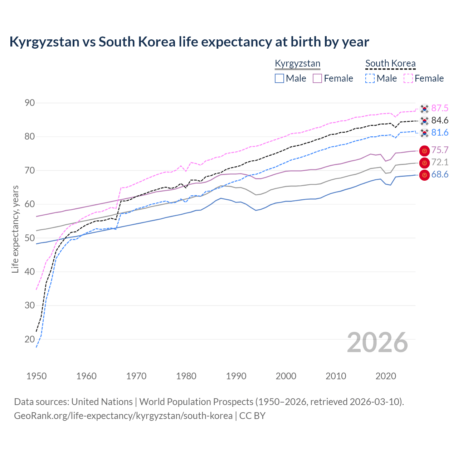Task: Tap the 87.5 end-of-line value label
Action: pos(440,108)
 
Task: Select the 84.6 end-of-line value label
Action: pos(440,121)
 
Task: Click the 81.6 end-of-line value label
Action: pos(440,133)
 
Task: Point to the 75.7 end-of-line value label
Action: pos(440,150)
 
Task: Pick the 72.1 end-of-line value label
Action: pos(440,162)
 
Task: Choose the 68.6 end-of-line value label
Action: pos(440,175)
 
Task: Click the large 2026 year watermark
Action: pos(377,342)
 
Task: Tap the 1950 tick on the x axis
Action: pos(36,376)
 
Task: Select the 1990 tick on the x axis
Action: pos(236,376)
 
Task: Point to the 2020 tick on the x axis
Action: pos(386,376)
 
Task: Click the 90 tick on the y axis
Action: pos(30,103)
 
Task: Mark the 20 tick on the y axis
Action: pos(30,339)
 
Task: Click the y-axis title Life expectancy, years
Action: pos(15,229)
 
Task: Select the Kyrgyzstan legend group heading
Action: pos(297,64)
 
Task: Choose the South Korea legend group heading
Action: pos(390,64)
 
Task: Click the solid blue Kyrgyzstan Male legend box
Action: pos(279,78)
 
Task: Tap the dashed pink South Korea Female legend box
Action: pos(408,78)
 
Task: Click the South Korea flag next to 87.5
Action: pos(424,108)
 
